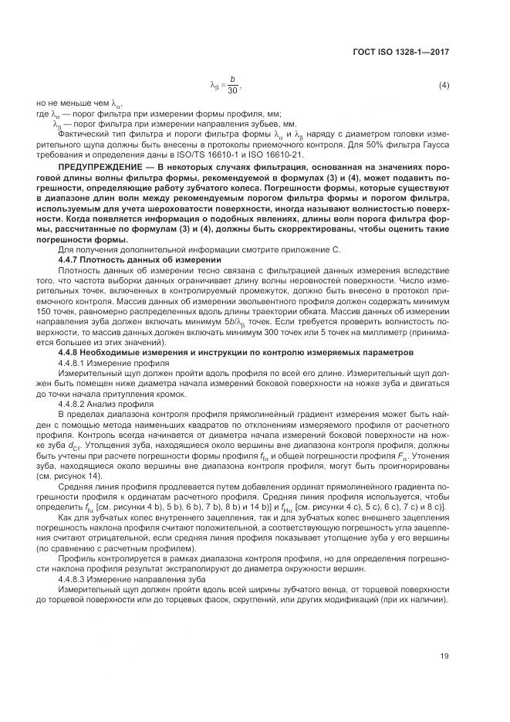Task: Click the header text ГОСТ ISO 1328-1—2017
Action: pos(401,53)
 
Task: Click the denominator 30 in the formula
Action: pos(232,90)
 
